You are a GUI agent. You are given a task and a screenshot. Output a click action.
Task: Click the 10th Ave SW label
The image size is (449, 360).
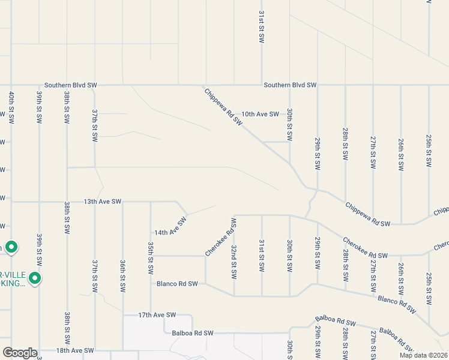tap(260, 114)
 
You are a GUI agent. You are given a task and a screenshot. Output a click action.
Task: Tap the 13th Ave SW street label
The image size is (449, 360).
tap(103, 202)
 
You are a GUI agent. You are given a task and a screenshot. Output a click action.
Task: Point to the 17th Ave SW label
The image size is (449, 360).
tap(157, 314)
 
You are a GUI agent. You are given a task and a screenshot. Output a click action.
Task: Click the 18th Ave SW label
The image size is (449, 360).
tap(75, 350)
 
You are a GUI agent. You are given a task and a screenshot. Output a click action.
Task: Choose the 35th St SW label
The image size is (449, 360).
tap(150, 258)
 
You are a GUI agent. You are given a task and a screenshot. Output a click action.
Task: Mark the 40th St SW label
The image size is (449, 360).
tap(11, 108)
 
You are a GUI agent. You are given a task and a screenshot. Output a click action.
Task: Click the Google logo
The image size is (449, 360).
tap(20, 352)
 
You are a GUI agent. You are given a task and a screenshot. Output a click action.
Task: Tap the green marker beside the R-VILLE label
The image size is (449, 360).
tap(35, 278)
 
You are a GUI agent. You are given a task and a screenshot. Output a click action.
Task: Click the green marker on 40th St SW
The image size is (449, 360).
tap(11, 247)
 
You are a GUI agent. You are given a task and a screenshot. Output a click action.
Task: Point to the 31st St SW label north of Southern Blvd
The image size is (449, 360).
tap(261, 25)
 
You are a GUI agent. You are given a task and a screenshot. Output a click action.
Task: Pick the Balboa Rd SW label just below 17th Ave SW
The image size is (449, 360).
tap(193, 332)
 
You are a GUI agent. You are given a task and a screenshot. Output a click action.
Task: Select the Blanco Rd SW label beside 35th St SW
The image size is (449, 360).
tap(177, 283)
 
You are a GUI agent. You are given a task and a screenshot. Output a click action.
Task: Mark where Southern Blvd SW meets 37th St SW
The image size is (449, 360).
tap(95, 85)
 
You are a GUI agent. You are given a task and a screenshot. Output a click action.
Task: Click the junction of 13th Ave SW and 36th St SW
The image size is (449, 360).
tap(122, 202)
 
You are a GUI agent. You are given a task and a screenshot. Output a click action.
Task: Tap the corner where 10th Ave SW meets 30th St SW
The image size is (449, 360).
tap(289, 114)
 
